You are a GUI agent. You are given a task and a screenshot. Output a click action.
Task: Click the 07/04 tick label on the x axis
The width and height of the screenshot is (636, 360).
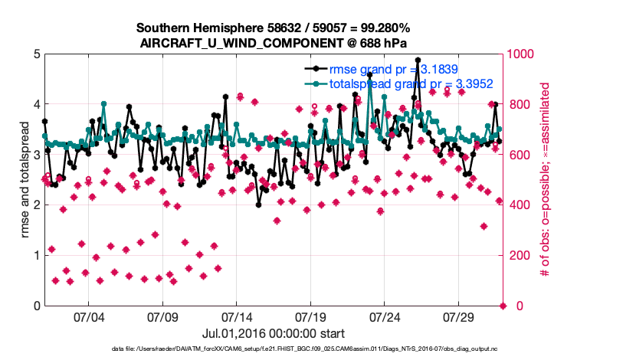point(88,317)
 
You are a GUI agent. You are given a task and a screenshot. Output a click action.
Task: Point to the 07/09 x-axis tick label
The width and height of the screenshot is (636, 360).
point(162,317)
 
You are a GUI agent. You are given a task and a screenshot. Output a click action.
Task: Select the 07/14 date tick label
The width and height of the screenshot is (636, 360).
point(237,317)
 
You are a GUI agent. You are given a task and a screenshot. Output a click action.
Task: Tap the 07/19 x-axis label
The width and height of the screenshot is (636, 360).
point(310,317)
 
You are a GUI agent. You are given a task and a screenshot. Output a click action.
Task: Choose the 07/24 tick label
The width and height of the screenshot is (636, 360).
point(385,317)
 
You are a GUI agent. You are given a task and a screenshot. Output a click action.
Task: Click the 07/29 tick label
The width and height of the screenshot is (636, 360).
point(459,317)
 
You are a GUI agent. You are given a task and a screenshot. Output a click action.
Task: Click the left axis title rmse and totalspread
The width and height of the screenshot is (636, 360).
point(25,180)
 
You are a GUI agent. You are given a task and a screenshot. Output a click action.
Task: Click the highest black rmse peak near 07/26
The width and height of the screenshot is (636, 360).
point(418,60)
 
